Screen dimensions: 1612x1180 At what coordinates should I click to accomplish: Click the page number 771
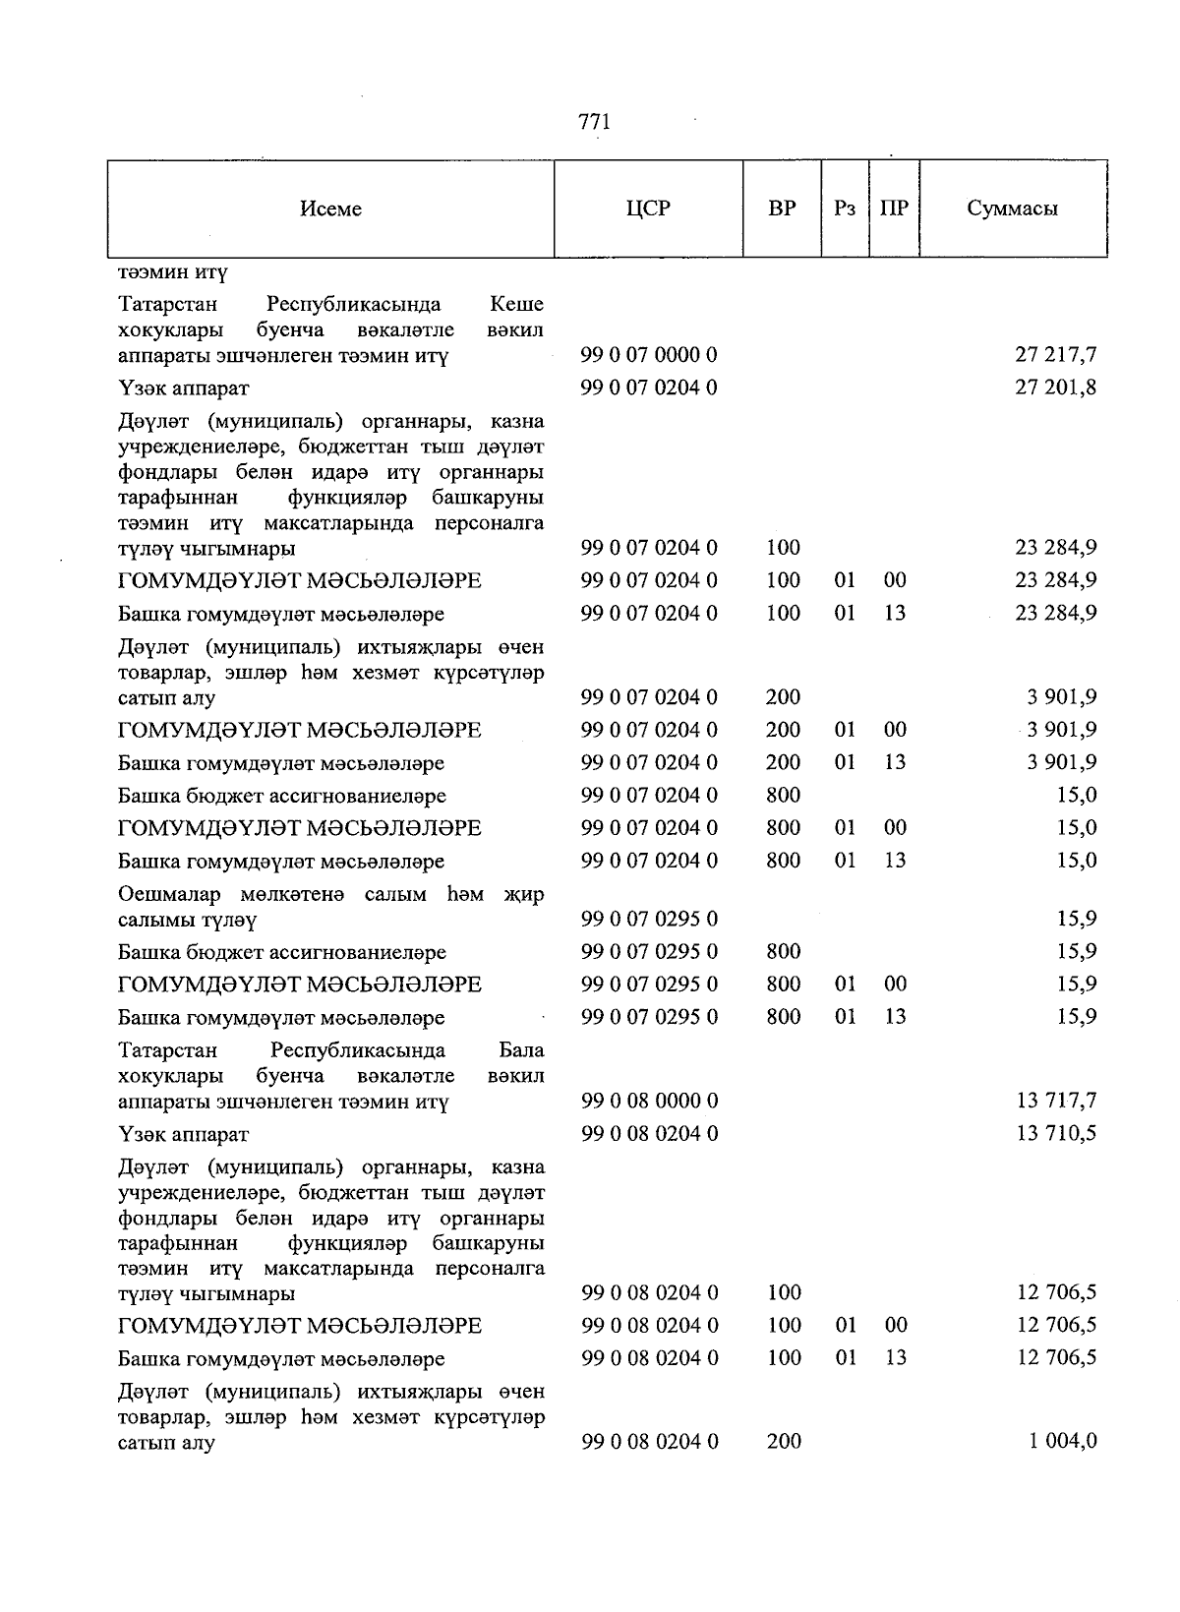594,122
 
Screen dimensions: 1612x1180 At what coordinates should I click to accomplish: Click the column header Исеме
330,209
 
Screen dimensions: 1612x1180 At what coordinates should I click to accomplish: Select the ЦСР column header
648,209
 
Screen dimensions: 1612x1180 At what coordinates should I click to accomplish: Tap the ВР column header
782,209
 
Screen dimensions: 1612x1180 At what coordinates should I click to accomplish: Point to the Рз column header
845,209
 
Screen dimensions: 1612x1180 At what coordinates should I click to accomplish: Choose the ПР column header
894,209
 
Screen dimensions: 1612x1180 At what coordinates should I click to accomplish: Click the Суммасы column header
1012,209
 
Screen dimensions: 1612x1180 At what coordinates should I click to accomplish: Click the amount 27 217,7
1055,355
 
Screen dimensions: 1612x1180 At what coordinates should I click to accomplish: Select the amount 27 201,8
1055,388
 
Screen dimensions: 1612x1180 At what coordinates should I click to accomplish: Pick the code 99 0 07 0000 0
649,355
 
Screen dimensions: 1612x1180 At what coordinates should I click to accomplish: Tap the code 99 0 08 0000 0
649,1102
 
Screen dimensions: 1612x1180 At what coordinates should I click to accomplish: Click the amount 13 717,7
1056,1102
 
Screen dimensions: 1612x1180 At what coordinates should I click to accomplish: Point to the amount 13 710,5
1056,1134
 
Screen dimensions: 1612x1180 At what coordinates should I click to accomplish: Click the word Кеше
516,304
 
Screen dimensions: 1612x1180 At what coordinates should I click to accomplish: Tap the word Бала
520,1050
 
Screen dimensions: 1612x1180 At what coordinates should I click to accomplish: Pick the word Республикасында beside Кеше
353,304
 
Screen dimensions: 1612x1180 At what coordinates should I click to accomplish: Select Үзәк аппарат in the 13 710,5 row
183,1135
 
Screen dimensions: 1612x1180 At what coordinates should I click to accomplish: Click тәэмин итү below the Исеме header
172,271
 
